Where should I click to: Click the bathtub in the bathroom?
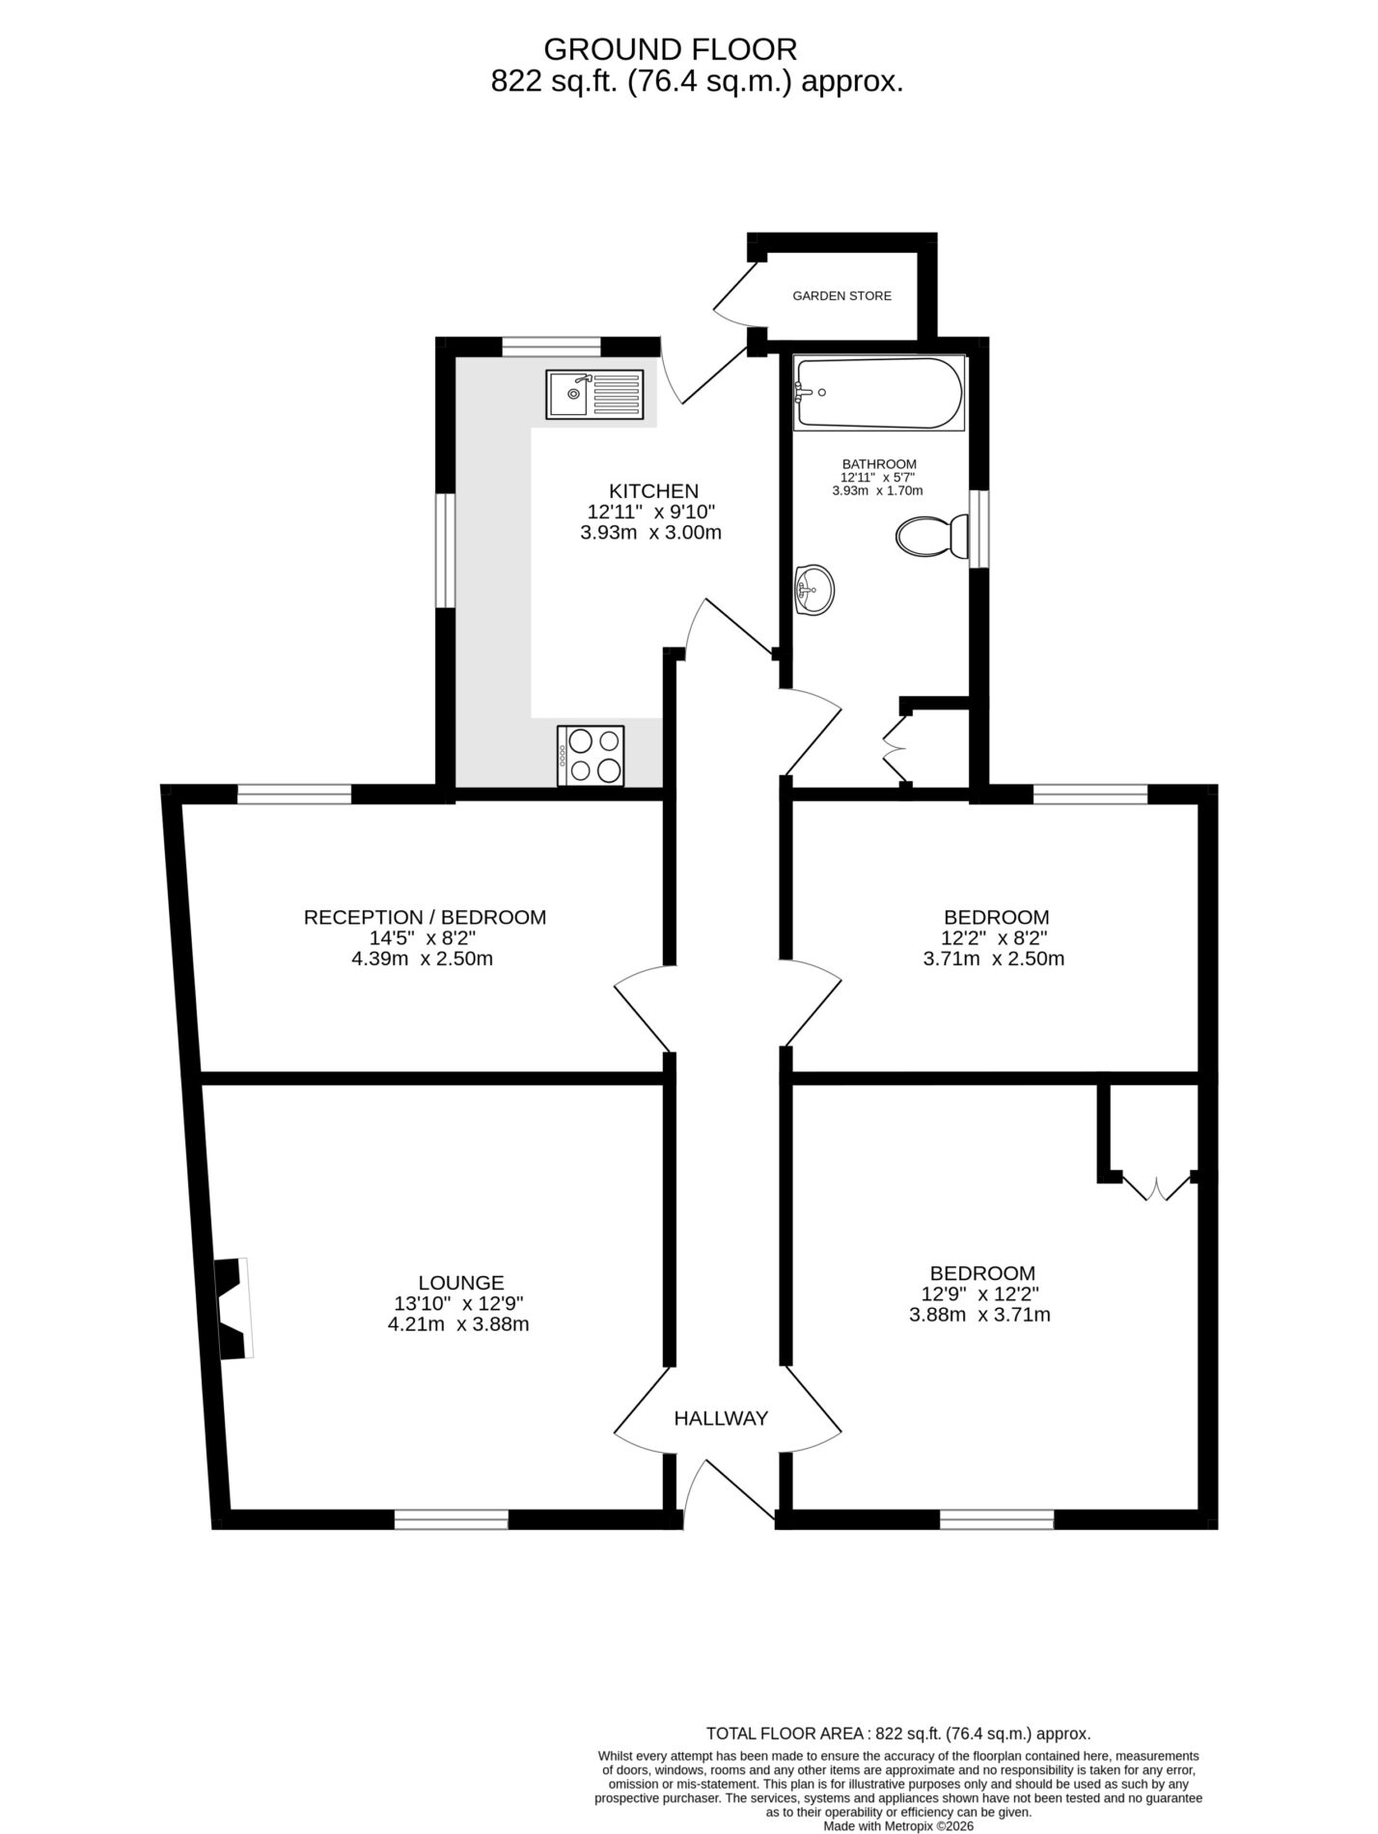coord(877,393)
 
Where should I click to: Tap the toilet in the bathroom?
coord(932,537)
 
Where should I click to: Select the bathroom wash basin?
coord(813,589)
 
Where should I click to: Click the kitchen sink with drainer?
coord(594,394)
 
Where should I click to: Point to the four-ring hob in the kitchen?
coord(591,755)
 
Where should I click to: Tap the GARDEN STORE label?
coord(841,295)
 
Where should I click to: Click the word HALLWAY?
coord(721,1418)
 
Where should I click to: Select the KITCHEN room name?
coord(653,490)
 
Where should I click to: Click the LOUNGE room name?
coord(461,1282)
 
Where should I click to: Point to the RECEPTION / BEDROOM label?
coord(425,916)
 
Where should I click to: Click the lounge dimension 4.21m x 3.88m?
coord(458,1324)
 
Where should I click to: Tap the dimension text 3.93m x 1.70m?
coord(877,490)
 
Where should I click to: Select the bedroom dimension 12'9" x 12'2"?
coord(980,1294)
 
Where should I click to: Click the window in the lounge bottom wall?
coord(452,1520)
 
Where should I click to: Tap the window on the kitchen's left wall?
coord(445,551)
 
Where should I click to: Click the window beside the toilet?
coord(979,529)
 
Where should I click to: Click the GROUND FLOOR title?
coord(671,48)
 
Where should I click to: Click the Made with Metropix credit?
coord(898,1826)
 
